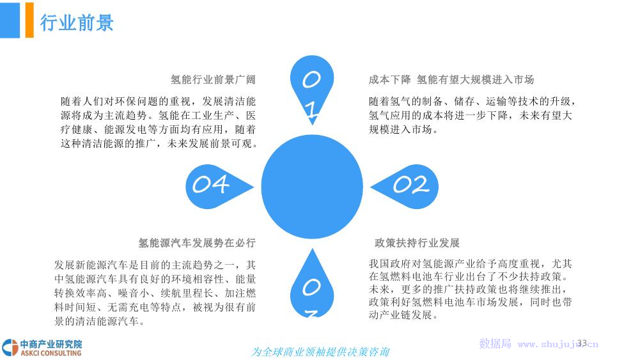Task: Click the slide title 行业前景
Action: click(77, 22)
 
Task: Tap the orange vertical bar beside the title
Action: click(29, 20)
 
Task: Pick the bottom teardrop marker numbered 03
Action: click(312, 283)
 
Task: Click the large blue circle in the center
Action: click(312, 186)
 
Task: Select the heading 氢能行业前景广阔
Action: click(213, 80)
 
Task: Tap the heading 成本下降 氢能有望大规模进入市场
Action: click(451, 80)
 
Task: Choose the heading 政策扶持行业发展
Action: click(417, 242)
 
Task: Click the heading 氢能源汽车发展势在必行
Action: click(197, 242)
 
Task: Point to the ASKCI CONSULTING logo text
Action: click(51, 353)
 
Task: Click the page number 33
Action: click(582, 343)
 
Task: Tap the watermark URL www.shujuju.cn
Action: click(558, 344)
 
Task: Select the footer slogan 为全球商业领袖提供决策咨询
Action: click(320, 352)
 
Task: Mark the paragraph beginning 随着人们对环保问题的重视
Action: click(159, 122)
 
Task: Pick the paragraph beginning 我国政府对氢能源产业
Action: click(471, 289)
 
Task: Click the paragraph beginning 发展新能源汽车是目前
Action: click(155, 293)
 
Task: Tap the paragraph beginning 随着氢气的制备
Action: click(472, 115)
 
